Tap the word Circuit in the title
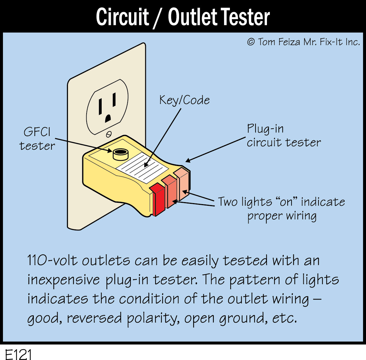[122, 17]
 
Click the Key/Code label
[184, 100]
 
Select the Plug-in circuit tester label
[283, 136]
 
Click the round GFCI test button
[120, 153]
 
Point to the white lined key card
[142, 165]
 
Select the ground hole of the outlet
[108, 118]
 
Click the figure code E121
[19, 354]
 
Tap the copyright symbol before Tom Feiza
[251, 42]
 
